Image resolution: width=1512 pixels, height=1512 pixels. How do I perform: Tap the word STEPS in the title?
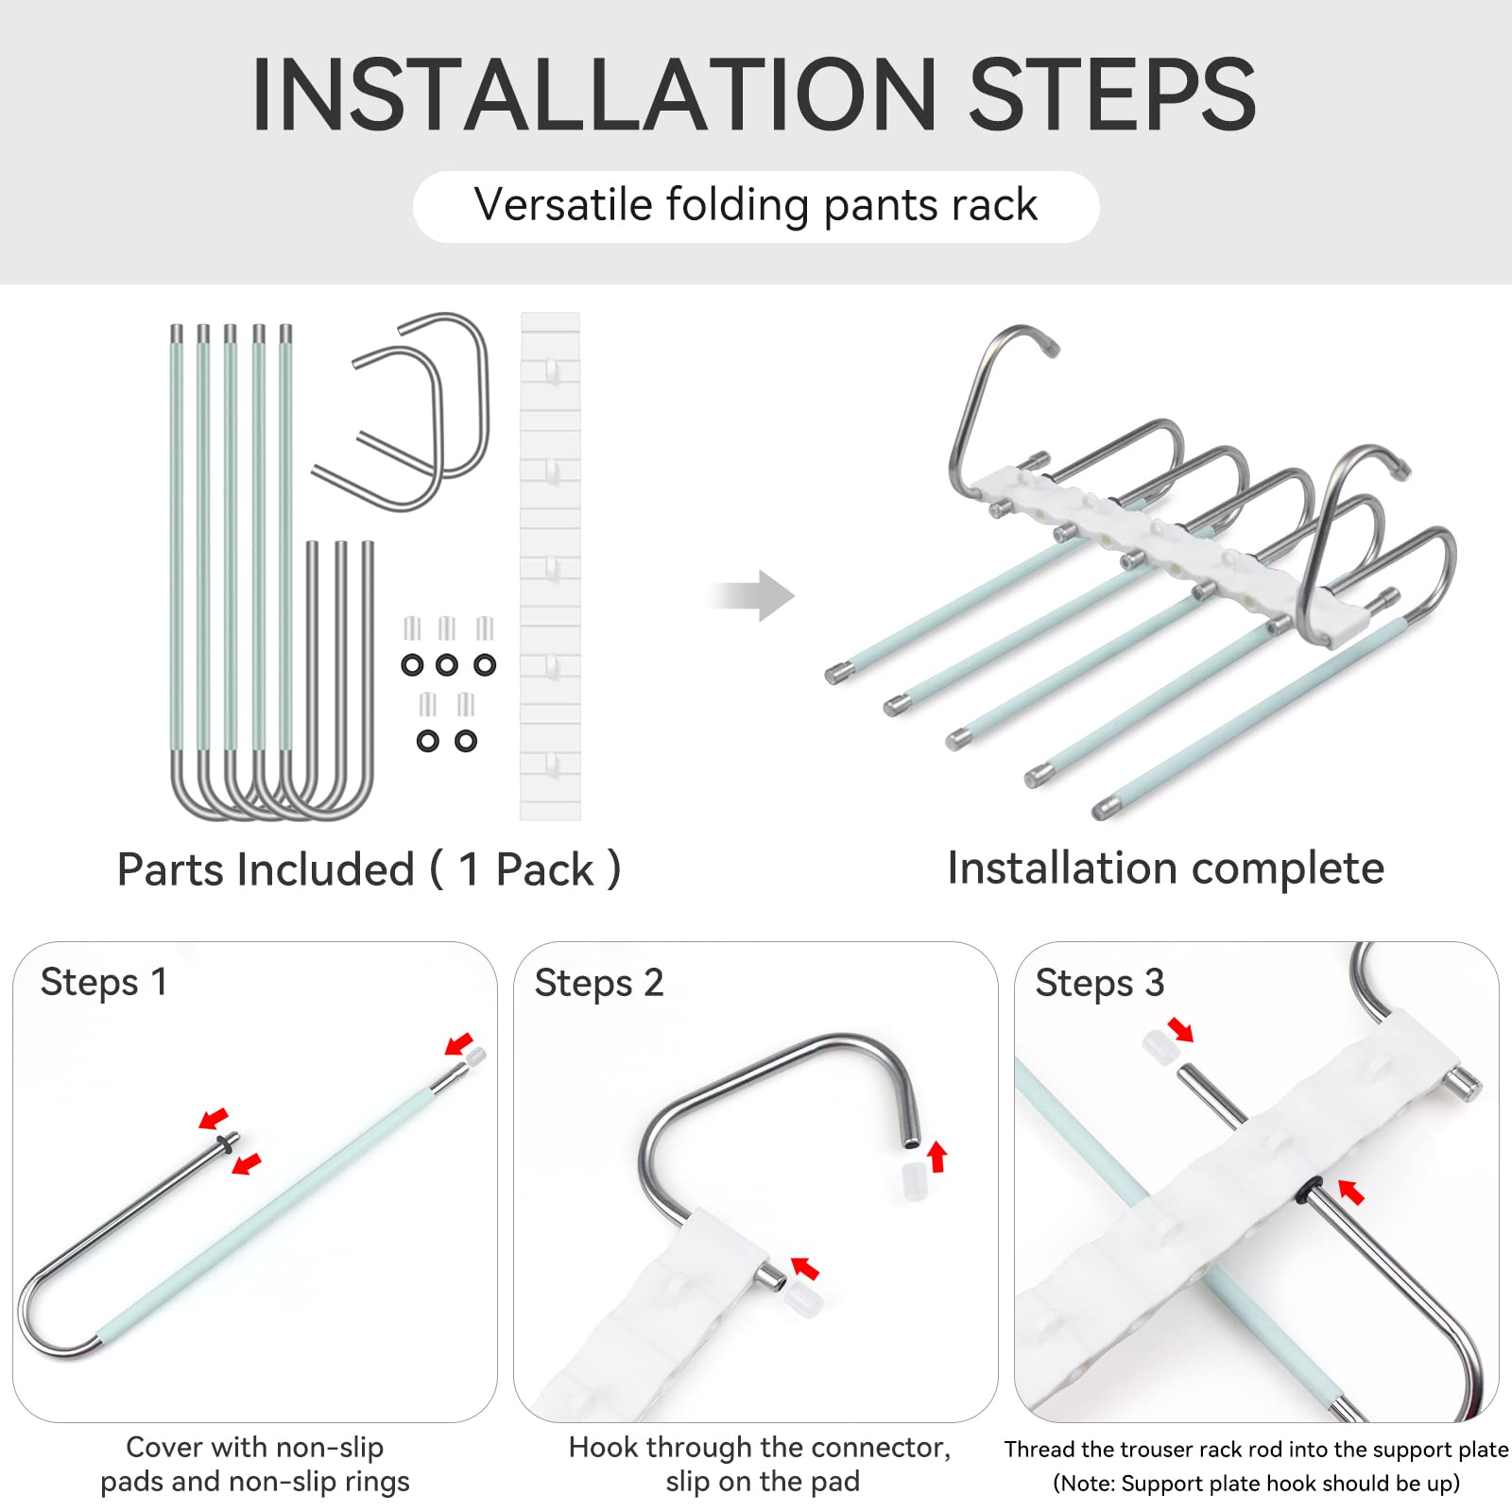click(1112, 94)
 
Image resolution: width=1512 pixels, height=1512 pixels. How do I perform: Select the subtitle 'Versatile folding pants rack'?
click(756, 205)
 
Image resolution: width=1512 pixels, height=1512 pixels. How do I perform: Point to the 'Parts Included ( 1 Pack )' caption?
click(369, 869)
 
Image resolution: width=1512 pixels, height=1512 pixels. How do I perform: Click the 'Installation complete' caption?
click(1165, 868)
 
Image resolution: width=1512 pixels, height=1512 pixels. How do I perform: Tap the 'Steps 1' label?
click(104, 983)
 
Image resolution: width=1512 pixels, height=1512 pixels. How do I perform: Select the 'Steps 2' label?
click(599, 984)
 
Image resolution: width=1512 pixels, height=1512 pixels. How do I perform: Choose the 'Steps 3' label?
click(1100, 984)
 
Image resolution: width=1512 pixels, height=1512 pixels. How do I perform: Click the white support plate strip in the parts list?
click(550, 566)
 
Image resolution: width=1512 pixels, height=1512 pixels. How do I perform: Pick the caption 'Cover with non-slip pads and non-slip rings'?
click(255, 1464)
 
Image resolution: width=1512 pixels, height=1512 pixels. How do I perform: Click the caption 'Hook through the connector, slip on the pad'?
click(760, 1464)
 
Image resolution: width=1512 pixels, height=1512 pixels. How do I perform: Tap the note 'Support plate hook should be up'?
click(1256, 1484)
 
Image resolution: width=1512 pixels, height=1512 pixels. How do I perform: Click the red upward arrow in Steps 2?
click(936, 1156)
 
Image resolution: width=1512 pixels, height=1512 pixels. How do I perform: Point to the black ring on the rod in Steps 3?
click(1310, 1190)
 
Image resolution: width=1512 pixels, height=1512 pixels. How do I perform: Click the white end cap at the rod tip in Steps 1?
click(476, 1057)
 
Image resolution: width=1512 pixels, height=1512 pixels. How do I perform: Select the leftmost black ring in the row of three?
click(412, 665)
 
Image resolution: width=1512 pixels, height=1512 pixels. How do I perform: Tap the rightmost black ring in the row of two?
click(466, 742)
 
